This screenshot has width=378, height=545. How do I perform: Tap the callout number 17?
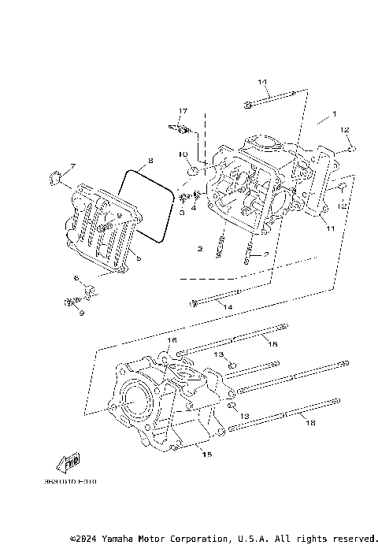pyautogui.click(x=183, y=111)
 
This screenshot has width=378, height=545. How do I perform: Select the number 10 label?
pyautogui.click(x=181, y=154)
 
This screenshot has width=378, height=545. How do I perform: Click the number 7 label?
pyautogui.click(x=72, y=166)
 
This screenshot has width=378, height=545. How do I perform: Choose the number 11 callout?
pyautogui.click(x=331, y=228)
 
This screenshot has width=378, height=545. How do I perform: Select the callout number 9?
pyautogui.click(x=79, y=313)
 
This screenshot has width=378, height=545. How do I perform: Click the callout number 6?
pyautogui.click(x=76, y=279)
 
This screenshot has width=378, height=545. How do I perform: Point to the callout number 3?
pyautogui.click(x=181, y=212)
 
